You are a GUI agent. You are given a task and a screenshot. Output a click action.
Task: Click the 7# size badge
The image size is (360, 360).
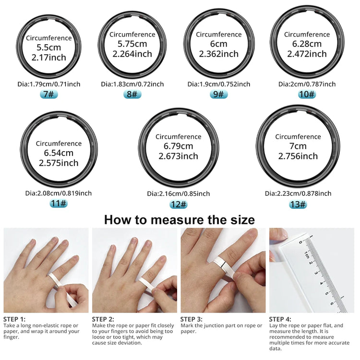(x=48, y=94)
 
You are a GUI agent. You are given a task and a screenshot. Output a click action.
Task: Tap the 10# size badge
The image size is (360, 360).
(x=307, y=94)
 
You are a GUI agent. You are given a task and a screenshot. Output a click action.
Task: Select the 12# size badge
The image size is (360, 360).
(x=178, y=204)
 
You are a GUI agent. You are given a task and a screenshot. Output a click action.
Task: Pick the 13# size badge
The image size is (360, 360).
(x=298, y=204)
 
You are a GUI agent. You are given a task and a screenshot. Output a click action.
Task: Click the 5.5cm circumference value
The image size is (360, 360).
(x=48, y=48)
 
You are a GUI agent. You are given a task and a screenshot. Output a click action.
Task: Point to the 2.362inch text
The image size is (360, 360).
(x=219, y=54)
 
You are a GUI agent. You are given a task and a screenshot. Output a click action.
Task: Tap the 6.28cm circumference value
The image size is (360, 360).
(x=307, y=44)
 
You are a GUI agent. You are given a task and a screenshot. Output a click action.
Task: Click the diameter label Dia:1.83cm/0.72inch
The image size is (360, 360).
(x=132, y=84)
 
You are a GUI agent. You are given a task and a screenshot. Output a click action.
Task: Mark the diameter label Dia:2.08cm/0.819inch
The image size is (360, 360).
(x=59, y=193)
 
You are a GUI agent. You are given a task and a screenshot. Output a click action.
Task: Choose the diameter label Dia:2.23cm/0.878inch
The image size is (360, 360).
(x=298, y=193)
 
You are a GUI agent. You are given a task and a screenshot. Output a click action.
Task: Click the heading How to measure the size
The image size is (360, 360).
(x=180, y=220)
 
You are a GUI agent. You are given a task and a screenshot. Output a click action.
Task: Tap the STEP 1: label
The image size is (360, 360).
(x=14, y=319)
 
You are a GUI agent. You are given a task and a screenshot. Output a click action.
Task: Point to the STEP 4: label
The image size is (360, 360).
(x=280, y=319)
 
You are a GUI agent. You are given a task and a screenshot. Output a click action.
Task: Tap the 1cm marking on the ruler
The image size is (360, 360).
(x=306, y=255)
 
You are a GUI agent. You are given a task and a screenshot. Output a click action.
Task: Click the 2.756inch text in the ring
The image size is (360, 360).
(x=298, y=156)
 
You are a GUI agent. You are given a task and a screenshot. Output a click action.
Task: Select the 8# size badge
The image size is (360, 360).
(x=132, y=94)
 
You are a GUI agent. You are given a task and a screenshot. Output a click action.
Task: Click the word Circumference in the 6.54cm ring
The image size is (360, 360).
(x=59, y=144)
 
